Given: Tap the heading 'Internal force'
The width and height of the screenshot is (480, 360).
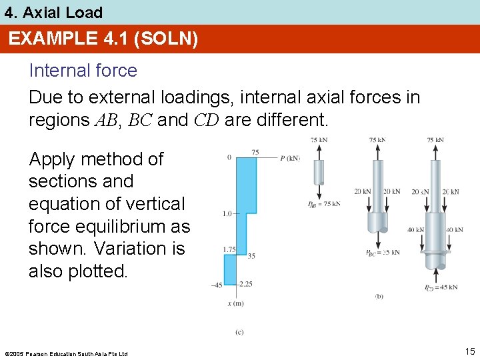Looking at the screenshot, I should [x=83, y=71].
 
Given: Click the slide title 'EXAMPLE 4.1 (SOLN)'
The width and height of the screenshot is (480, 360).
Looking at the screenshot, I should [x=103, y=39].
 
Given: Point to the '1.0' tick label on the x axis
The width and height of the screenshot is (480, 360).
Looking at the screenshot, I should [x=227, y=214].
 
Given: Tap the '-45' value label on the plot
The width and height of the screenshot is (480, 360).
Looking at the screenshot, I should [x=217, y=285].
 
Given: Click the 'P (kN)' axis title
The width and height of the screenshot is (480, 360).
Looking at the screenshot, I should [x=291, y=158].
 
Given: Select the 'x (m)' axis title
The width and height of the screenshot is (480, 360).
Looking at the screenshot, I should [x=235, y=304].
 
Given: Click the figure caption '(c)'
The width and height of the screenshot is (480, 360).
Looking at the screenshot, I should [x=239, y=331].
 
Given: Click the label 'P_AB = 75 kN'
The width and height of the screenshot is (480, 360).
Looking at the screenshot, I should [x=323, y=203].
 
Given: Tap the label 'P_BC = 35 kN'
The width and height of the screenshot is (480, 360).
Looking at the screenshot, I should [x=383, y=253].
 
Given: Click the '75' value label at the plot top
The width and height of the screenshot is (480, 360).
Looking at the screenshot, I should [x=255, y=152].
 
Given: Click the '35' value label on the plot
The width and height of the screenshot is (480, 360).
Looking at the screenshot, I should [x=251, y=255].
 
